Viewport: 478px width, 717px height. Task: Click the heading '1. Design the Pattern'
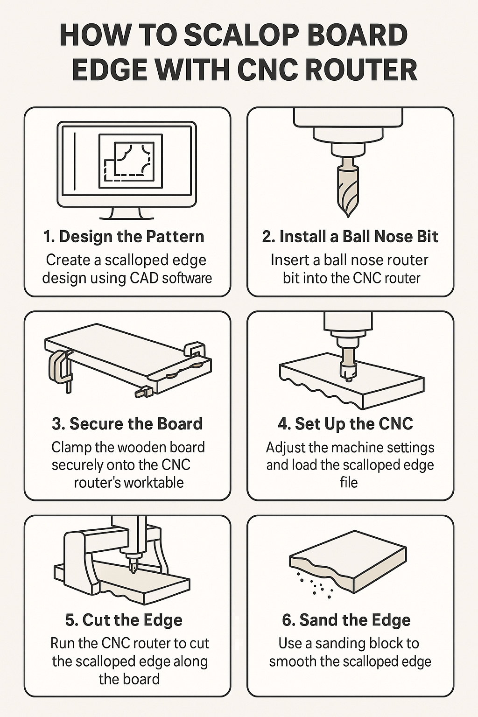124,237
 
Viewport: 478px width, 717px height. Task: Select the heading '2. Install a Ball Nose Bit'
350,237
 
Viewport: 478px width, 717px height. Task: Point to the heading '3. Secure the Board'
127,423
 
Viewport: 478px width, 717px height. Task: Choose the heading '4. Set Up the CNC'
345,424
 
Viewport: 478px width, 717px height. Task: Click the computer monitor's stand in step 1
127,213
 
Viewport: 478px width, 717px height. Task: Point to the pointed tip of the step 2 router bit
348,216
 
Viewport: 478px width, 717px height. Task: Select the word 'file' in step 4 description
349,482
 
